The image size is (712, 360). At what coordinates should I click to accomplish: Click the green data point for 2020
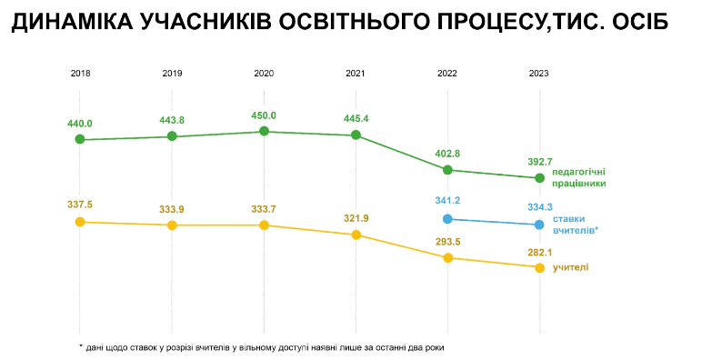(x=264, y=131)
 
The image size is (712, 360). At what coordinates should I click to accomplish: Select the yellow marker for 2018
(x=80, y=222)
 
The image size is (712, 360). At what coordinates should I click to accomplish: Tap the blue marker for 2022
(x=447, y=219)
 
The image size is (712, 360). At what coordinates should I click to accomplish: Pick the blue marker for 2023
(x=539, y=225)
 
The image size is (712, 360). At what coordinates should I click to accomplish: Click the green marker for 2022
(x=447, y=170)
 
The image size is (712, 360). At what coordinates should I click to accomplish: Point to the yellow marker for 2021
(x=356, y=235)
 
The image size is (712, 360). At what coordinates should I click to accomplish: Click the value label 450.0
(x=264, y=115)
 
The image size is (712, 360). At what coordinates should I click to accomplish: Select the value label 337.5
(x=80, y=205)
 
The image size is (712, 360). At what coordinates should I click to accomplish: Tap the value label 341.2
(x=447, y=201)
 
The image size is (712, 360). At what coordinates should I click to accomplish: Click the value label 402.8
(x=447, y=154)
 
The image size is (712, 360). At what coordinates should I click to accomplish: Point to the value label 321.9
(x=356, y=218)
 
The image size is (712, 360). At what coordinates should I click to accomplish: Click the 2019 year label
(x=172, y=73)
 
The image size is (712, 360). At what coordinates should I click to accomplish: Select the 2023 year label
(x=539, y=73)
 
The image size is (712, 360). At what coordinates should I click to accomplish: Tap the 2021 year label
(x=356, y=73)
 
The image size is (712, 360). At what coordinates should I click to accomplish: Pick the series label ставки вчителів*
(x=576, y=225)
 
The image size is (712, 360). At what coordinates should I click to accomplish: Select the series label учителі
(x=571, y=266)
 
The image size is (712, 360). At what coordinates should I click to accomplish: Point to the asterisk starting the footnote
(x=81, y=346)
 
